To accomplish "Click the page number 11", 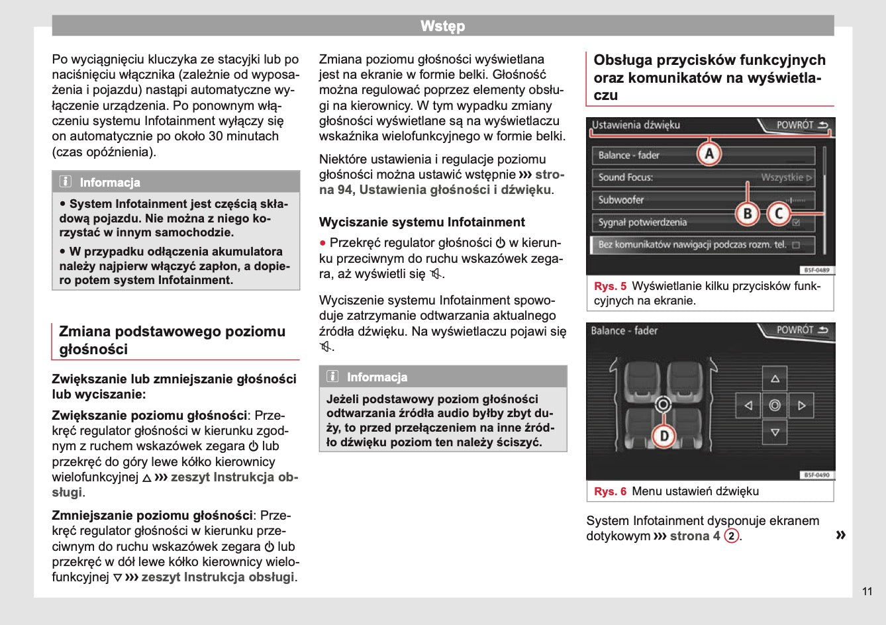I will point(867,591).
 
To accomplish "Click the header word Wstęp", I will point(442,26).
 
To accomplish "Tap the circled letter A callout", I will point(709,154).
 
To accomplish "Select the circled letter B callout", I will point(748,213).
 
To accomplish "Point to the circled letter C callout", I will point(779,213).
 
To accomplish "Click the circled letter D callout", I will point(664,435).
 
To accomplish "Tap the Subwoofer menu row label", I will point(621,200).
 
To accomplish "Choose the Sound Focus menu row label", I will point(626,177).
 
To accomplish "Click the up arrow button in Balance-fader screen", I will point(775,379).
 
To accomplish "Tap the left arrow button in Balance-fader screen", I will point(748,405).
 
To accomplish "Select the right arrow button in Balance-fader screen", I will point(801,405).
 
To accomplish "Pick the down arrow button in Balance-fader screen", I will point(775,432).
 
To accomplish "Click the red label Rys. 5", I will point(610,286).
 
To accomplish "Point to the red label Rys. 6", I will point(610,491).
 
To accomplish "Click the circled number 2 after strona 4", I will point(731,536).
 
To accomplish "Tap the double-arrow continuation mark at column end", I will point(840,534).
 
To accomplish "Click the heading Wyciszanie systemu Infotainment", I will point(422,222).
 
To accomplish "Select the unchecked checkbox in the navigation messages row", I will point(796,245).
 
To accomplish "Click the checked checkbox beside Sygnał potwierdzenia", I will point(796,222).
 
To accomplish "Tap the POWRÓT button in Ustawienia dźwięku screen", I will point(801,125).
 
